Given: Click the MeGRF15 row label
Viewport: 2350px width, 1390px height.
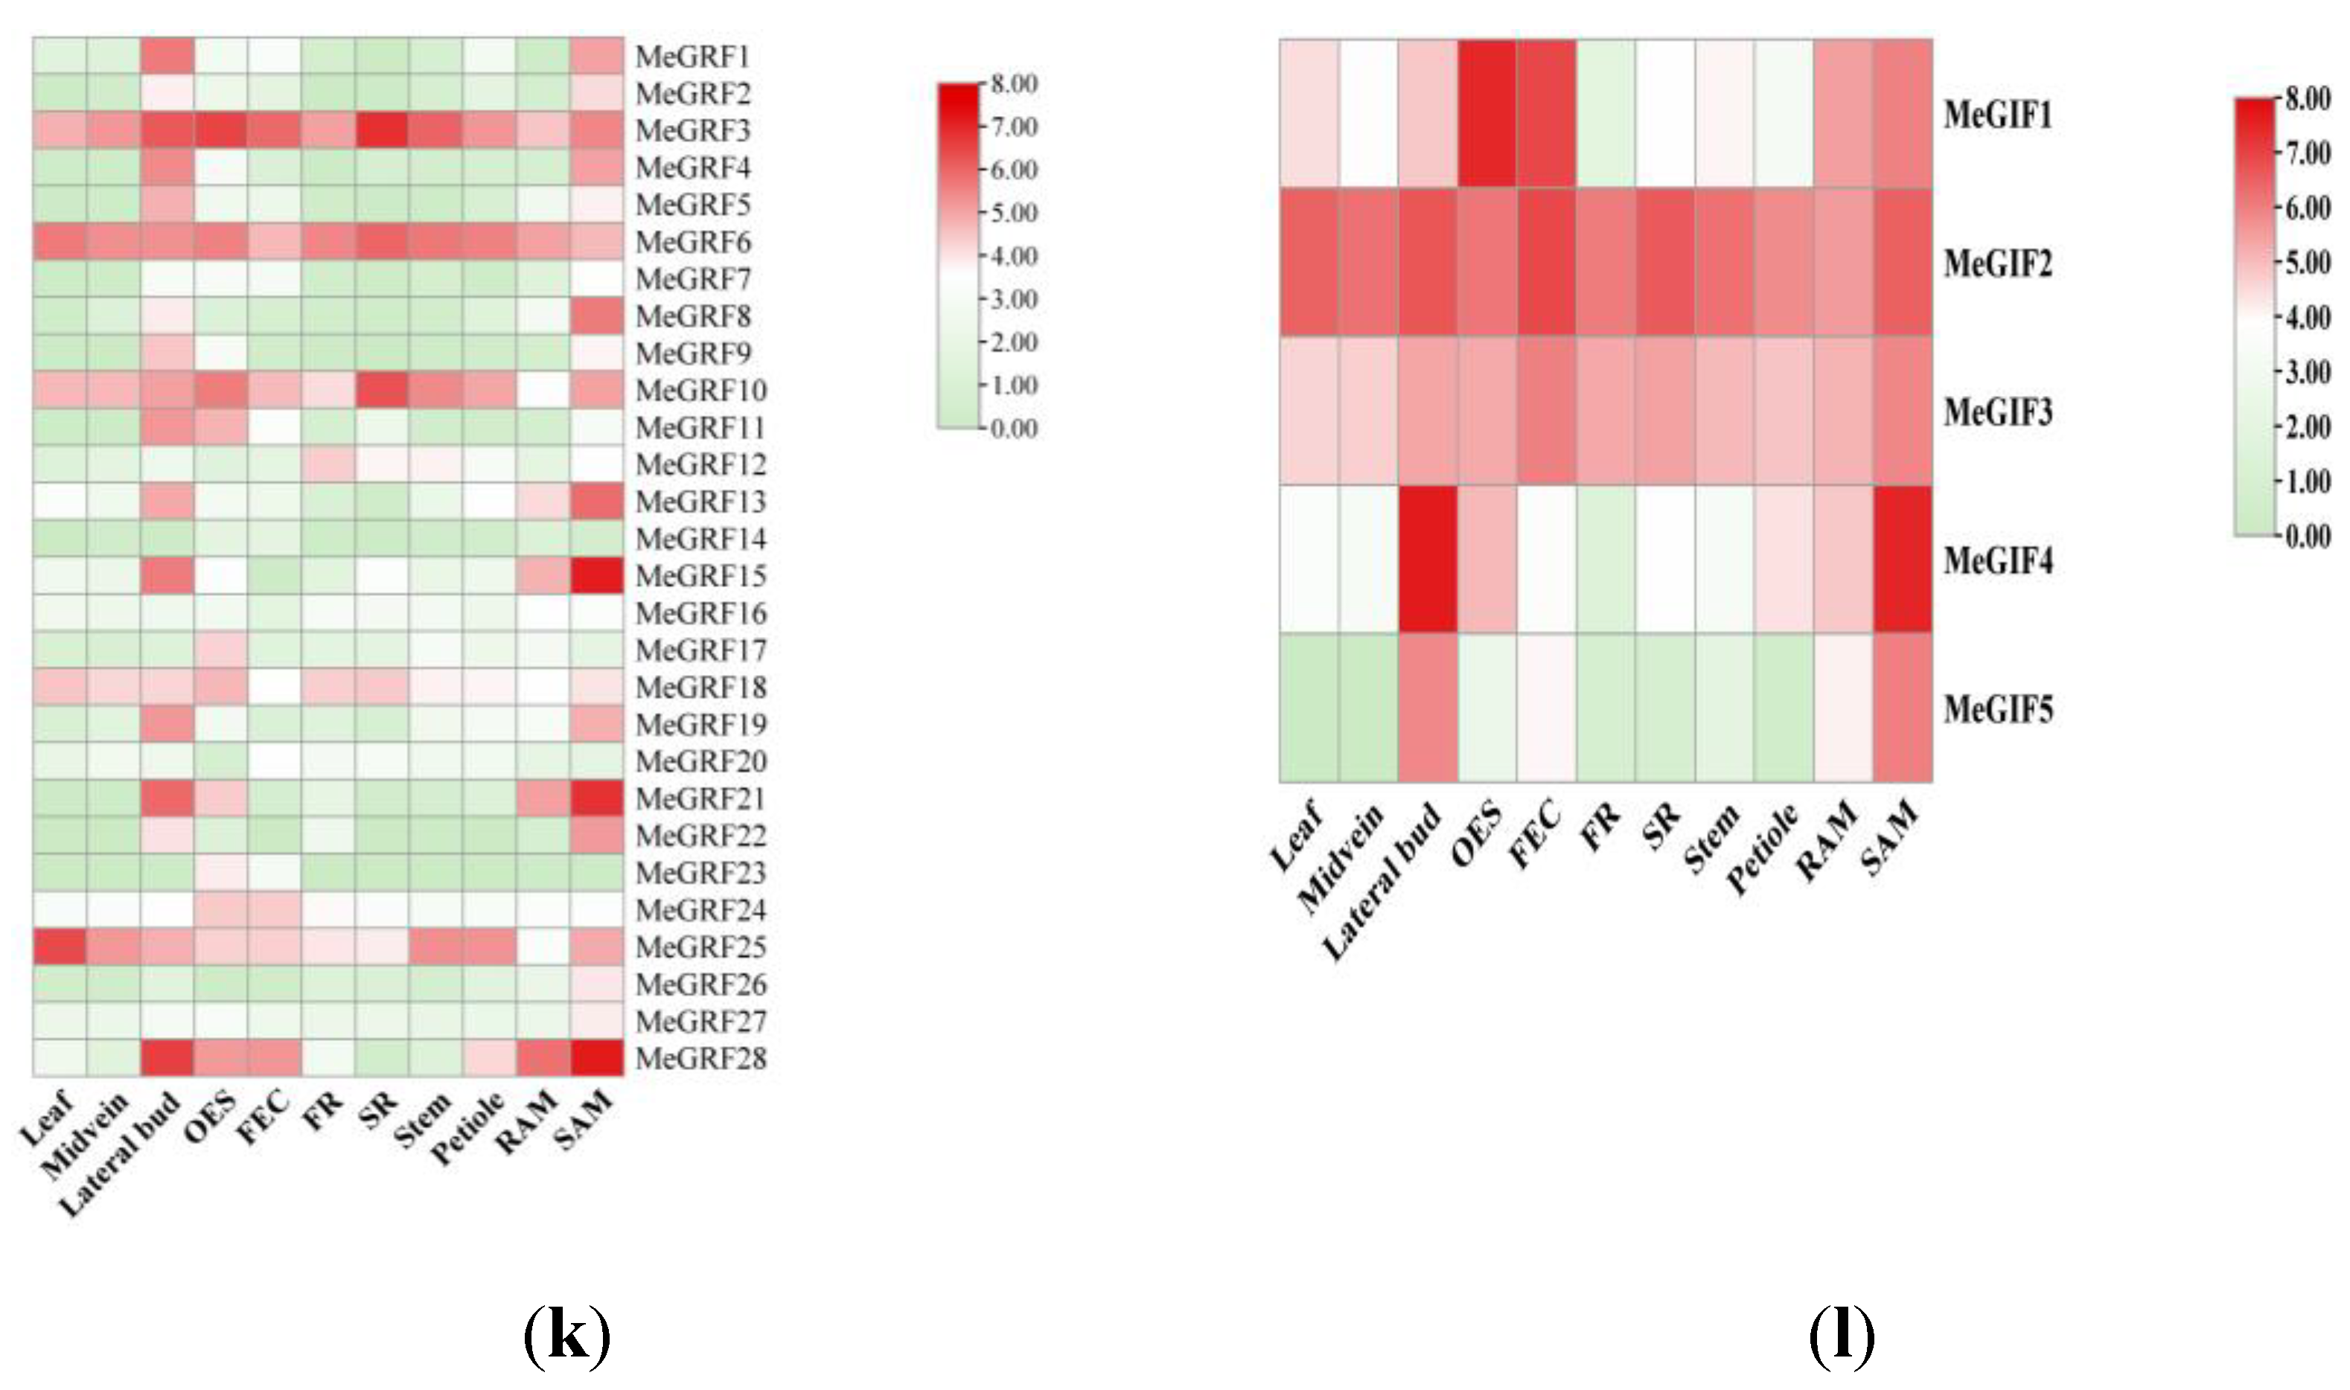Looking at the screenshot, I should [701, 576].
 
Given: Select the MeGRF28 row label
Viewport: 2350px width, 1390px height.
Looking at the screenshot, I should [701, 1058].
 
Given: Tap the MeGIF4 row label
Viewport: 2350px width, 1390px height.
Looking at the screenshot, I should [1998, 560].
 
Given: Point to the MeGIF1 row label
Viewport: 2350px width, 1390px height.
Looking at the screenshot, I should [1998, 115].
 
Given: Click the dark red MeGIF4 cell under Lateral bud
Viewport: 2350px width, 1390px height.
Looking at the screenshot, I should [1427, 559].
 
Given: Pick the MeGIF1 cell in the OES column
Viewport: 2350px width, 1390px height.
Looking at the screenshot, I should [1487, 113].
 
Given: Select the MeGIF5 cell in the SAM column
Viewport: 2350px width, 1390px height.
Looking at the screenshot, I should [1902, 707].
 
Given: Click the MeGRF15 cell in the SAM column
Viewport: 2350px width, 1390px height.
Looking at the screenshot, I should [597, 576].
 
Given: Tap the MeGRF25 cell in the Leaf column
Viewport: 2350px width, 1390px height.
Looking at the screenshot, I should [60, 947].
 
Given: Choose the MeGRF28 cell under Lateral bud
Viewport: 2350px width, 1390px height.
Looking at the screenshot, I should [167, 1058].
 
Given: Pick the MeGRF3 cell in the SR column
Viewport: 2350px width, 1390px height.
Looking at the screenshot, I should [381, 130].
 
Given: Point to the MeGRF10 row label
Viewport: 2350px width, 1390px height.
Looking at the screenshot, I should [701, 391].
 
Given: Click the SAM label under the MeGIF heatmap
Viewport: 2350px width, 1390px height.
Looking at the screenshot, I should [1891, 840].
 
